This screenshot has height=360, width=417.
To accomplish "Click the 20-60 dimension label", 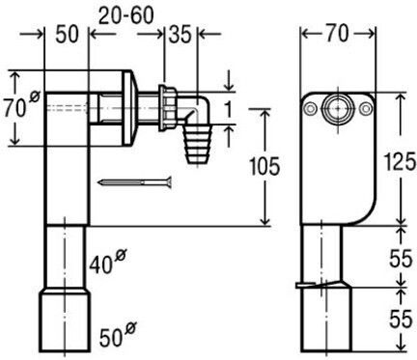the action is tap(126, 15).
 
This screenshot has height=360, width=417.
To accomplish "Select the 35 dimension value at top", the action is tap(181, 35).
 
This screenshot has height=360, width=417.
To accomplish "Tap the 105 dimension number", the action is tap(264, 166).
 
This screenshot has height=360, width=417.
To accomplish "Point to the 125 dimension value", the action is tap(400, 161).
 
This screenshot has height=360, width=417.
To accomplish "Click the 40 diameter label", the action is tap(107, 262).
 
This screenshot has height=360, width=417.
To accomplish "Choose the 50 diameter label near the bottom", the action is tap(118, 335).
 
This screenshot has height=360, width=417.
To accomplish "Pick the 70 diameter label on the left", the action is tap(21, 105).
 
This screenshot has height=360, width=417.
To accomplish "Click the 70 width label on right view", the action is tap(337, 34).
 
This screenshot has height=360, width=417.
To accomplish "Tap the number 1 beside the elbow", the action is tap(228, 110).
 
